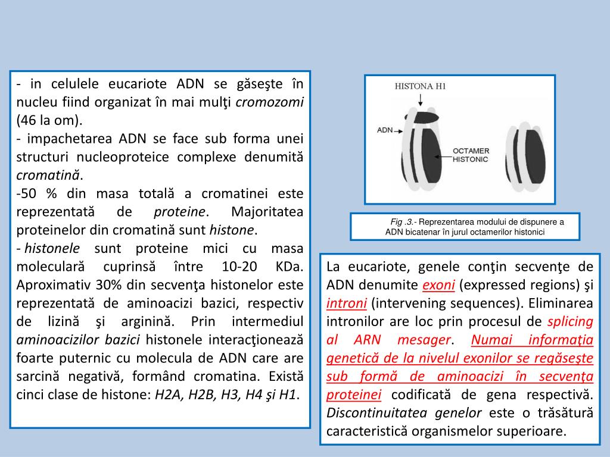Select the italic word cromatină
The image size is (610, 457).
pyautogui.click(x=49, y=176)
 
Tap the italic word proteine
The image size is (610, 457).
pyautogui.click(x=180, y=212)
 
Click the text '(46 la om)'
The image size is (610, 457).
pyautogui.click(x=49, y=120)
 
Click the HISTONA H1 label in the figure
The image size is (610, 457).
pyautogui.click(x=420, y=86)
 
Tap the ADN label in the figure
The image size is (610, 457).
pyautogui.click(x=384, y=129)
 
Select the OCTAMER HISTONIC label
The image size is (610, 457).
pyautogui.click(x=471, y=155)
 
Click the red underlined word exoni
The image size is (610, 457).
pyautogui.click(x=438, y=285)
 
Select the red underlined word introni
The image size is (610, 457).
pyautogui.click(x=346, y=303)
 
